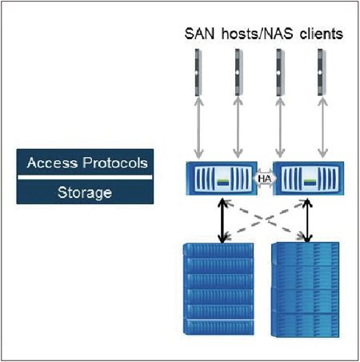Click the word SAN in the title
199,34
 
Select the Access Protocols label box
85,163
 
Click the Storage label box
85,192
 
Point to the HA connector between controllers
265,179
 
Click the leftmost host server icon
198,72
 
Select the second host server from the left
238,72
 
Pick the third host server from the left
280,72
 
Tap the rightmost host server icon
322,72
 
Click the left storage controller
222,178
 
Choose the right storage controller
309,178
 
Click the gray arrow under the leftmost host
198,128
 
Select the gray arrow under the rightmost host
322,128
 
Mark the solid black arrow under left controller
222,221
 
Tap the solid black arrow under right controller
308,221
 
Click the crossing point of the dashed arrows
266,219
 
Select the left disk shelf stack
218,289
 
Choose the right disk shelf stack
306,290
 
